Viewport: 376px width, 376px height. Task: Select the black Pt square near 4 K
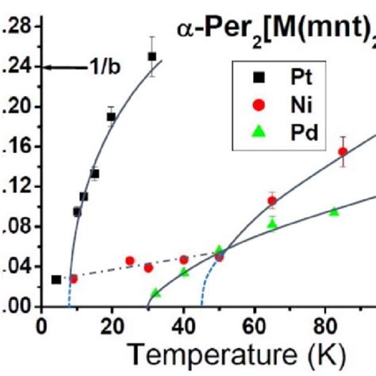[x=56, y=279]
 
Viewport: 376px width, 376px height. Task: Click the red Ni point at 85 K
[x=343, y=152]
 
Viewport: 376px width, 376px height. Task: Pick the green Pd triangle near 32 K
[x=155, y=294]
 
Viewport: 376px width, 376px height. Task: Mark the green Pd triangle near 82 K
[x=334, y=212]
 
